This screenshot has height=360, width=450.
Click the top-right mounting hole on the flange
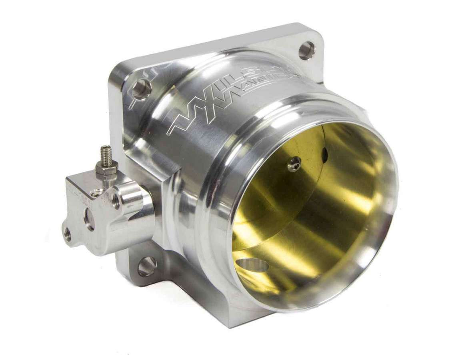(x=306, y=50)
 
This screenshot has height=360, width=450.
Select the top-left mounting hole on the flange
(x=141, y=89)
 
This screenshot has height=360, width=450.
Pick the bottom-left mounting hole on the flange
(x=147, y=266)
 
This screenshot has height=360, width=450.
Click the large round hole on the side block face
(x=89, y=219)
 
